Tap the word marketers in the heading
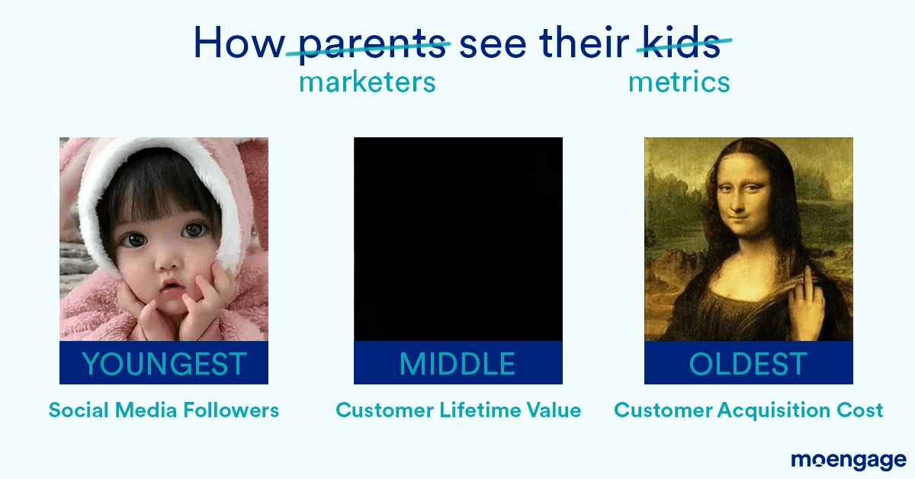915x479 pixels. coord(367,82)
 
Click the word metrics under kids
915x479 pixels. coord(679,82)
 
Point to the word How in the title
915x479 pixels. coord(238,44)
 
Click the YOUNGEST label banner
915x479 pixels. coord(164,363)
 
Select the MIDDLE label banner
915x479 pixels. coord(457,363)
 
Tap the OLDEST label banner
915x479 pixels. coord(748,363)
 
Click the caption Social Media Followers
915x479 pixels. coord(164,410)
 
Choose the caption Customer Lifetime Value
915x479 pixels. coord(458,410)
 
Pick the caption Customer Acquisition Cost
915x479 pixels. coord(748,410)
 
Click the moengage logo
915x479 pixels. coord(848,460)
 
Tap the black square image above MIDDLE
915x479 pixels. coord(457,239)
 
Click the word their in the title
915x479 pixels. coord(583,44)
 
